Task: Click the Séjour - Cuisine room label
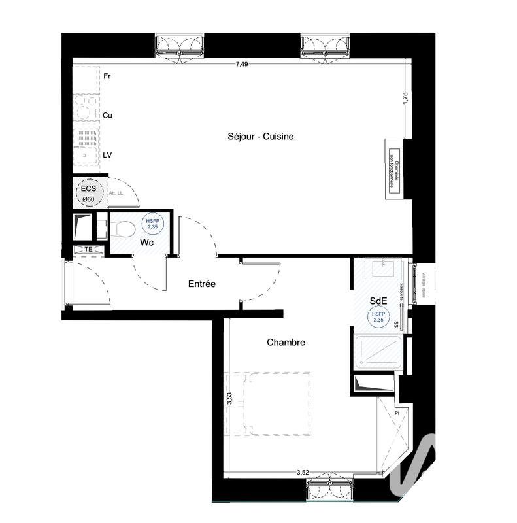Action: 260,137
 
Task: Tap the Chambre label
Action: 286,342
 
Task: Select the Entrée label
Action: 201,284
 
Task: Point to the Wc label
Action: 147,242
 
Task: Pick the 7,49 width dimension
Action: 242,64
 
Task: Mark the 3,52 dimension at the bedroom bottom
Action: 302,471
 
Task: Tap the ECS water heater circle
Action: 87,192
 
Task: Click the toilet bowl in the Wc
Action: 122,229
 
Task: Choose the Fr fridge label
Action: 107,76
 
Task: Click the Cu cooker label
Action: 107,115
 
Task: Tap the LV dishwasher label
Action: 107,154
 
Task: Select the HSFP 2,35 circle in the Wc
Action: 152,224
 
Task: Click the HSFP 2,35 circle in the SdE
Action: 378,318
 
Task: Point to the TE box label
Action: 88,250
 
